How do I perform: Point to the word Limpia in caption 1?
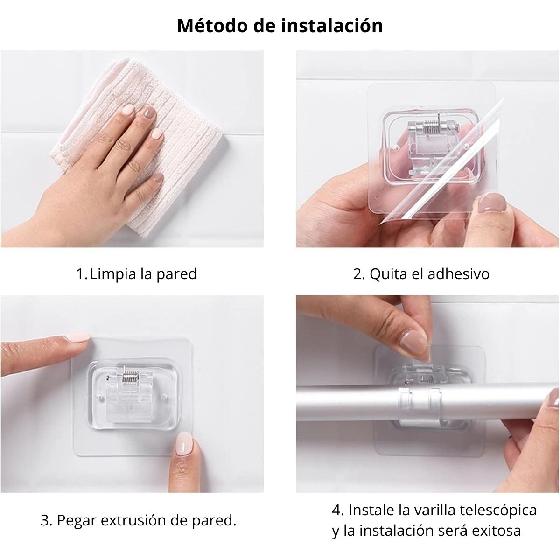tap(113, 274)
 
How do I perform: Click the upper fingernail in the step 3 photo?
tap(78, 337)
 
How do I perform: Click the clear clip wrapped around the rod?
tap(420, 407)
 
